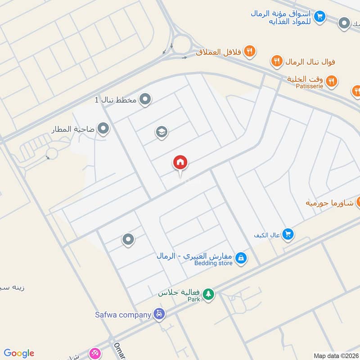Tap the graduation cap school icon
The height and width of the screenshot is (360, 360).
pyautogui.click(x=162, y=132)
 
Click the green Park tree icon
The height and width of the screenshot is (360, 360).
pyautogui.click(x=208, y=294)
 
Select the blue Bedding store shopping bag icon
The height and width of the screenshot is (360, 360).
pyautogui.click(x=241, y=258)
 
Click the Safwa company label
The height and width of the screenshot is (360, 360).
pyautogui.click(x=122, y=315)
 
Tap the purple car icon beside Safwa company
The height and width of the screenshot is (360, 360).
pyautogui.click(x=158, y=314)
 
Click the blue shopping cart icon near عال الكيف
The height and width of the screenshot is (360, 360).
pyautogui.click(x=288, y=234)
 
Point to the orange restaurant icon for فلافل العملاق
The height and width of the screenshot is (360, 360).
pyautogui.click(x=250, y=52)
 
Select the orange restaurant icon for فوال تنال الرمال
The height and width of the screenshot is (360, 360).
pyautogui.click(x=276, y=61)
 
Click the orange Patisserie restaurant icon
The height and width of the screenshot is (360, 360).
pyautogui.click(x=332, y=81)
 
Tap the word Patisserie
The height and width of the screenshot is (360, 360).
pyautogui.click(x=310, y=86)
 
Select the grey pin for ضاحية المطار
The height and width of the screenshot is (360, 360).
pyautogui.click(x=103, y=130)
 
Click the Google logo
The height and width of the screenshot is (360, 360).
pyautogui.click(x=19, y=353)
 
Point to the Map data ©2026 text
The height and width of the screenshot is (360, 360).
pyautogui.click(x=335, y=355)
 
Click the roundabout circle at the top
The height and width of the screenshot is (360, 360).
pyautogui.click(x=182, y=45)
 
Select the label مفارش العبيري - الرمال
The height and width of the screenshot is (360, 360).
pyautogui.click(x=194, y=256)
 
